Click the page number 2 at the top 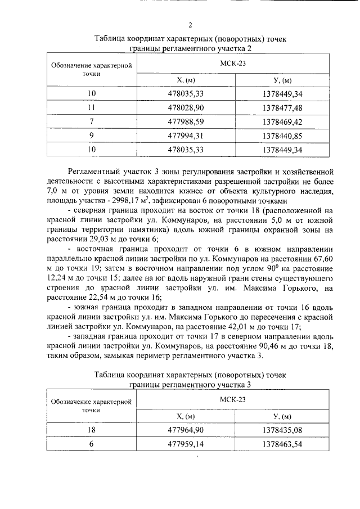[190, 25]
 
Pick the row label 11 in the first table [92, 107]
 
